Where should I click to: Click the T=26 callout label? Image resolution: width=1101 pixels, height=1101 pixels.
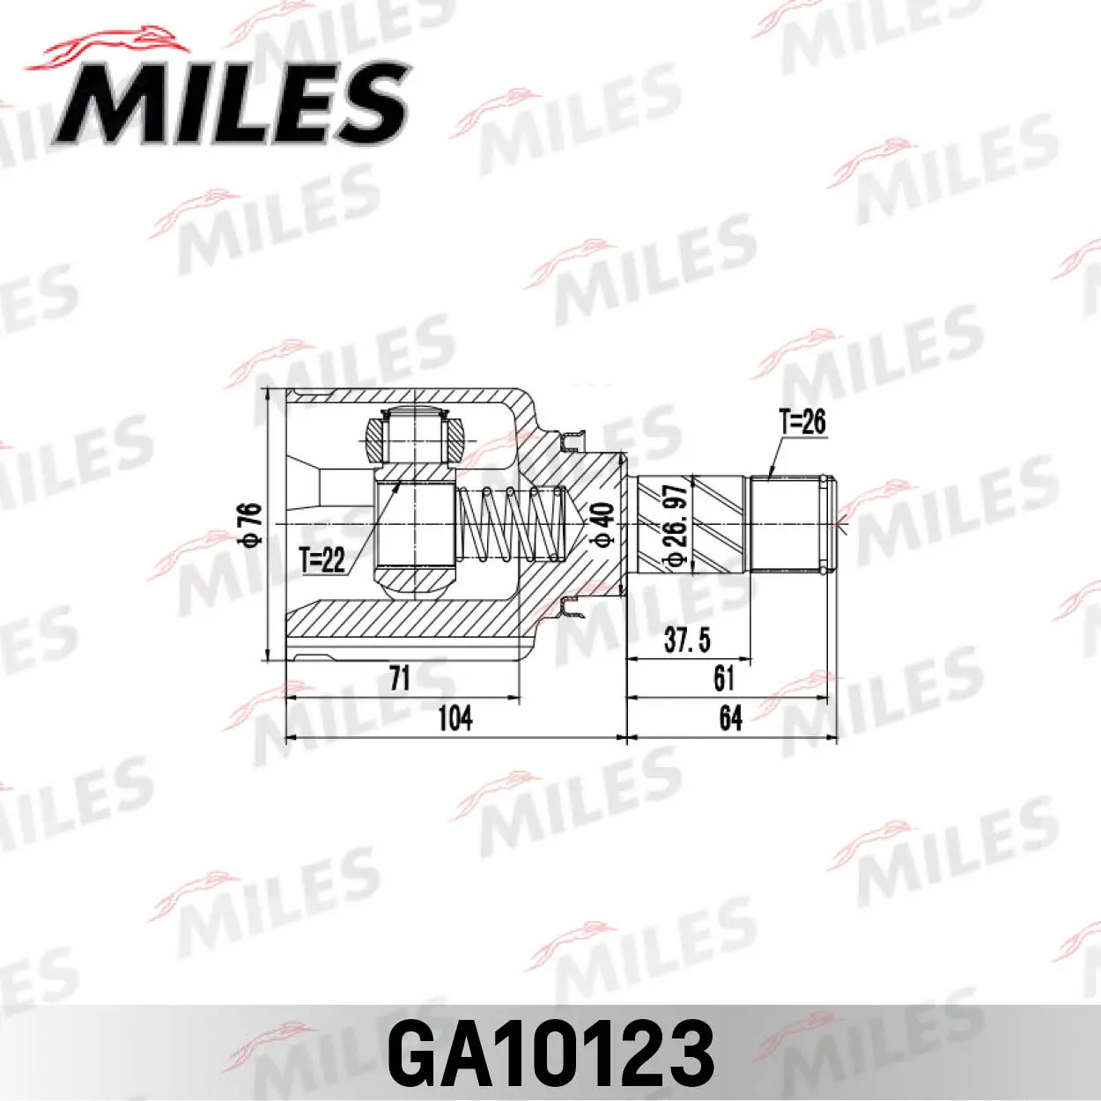pyautogui.click(x=802, y=421)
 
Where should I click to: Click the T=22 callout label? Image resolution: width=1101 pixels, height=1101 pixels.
pyautogui.click(x=322, y=559)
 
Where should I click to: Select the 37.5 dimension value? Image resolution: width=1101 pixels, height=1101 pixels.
pyautogui.click(x=687, y=639)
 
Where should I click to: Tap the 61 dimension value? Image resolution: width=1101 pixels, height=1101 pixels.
pyautogui.click(x=724, y=678)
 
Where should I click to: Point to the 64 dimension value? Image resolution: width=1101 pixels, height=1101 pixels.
pyautogui.click(x=730, y=718)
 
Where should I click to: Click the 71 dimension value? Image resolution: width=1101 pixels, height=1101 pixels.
pyautogui.click(x=400, y=678)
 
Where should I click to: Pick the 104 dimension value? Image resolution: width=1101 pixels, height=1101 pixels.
pyautogui.click(x=454, y=718)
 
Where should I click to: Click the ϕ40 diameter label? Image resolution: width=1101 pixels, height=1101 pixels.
pyautogui.click(x=602, y=525)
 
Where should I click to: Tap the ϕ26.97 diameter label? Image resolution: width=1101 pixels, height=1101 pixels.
pyautogui.click(x=674, y=526)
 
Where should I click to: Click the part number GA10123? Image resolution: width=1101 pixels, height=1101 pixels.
pyautogui.click(x=550, y=1053)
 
